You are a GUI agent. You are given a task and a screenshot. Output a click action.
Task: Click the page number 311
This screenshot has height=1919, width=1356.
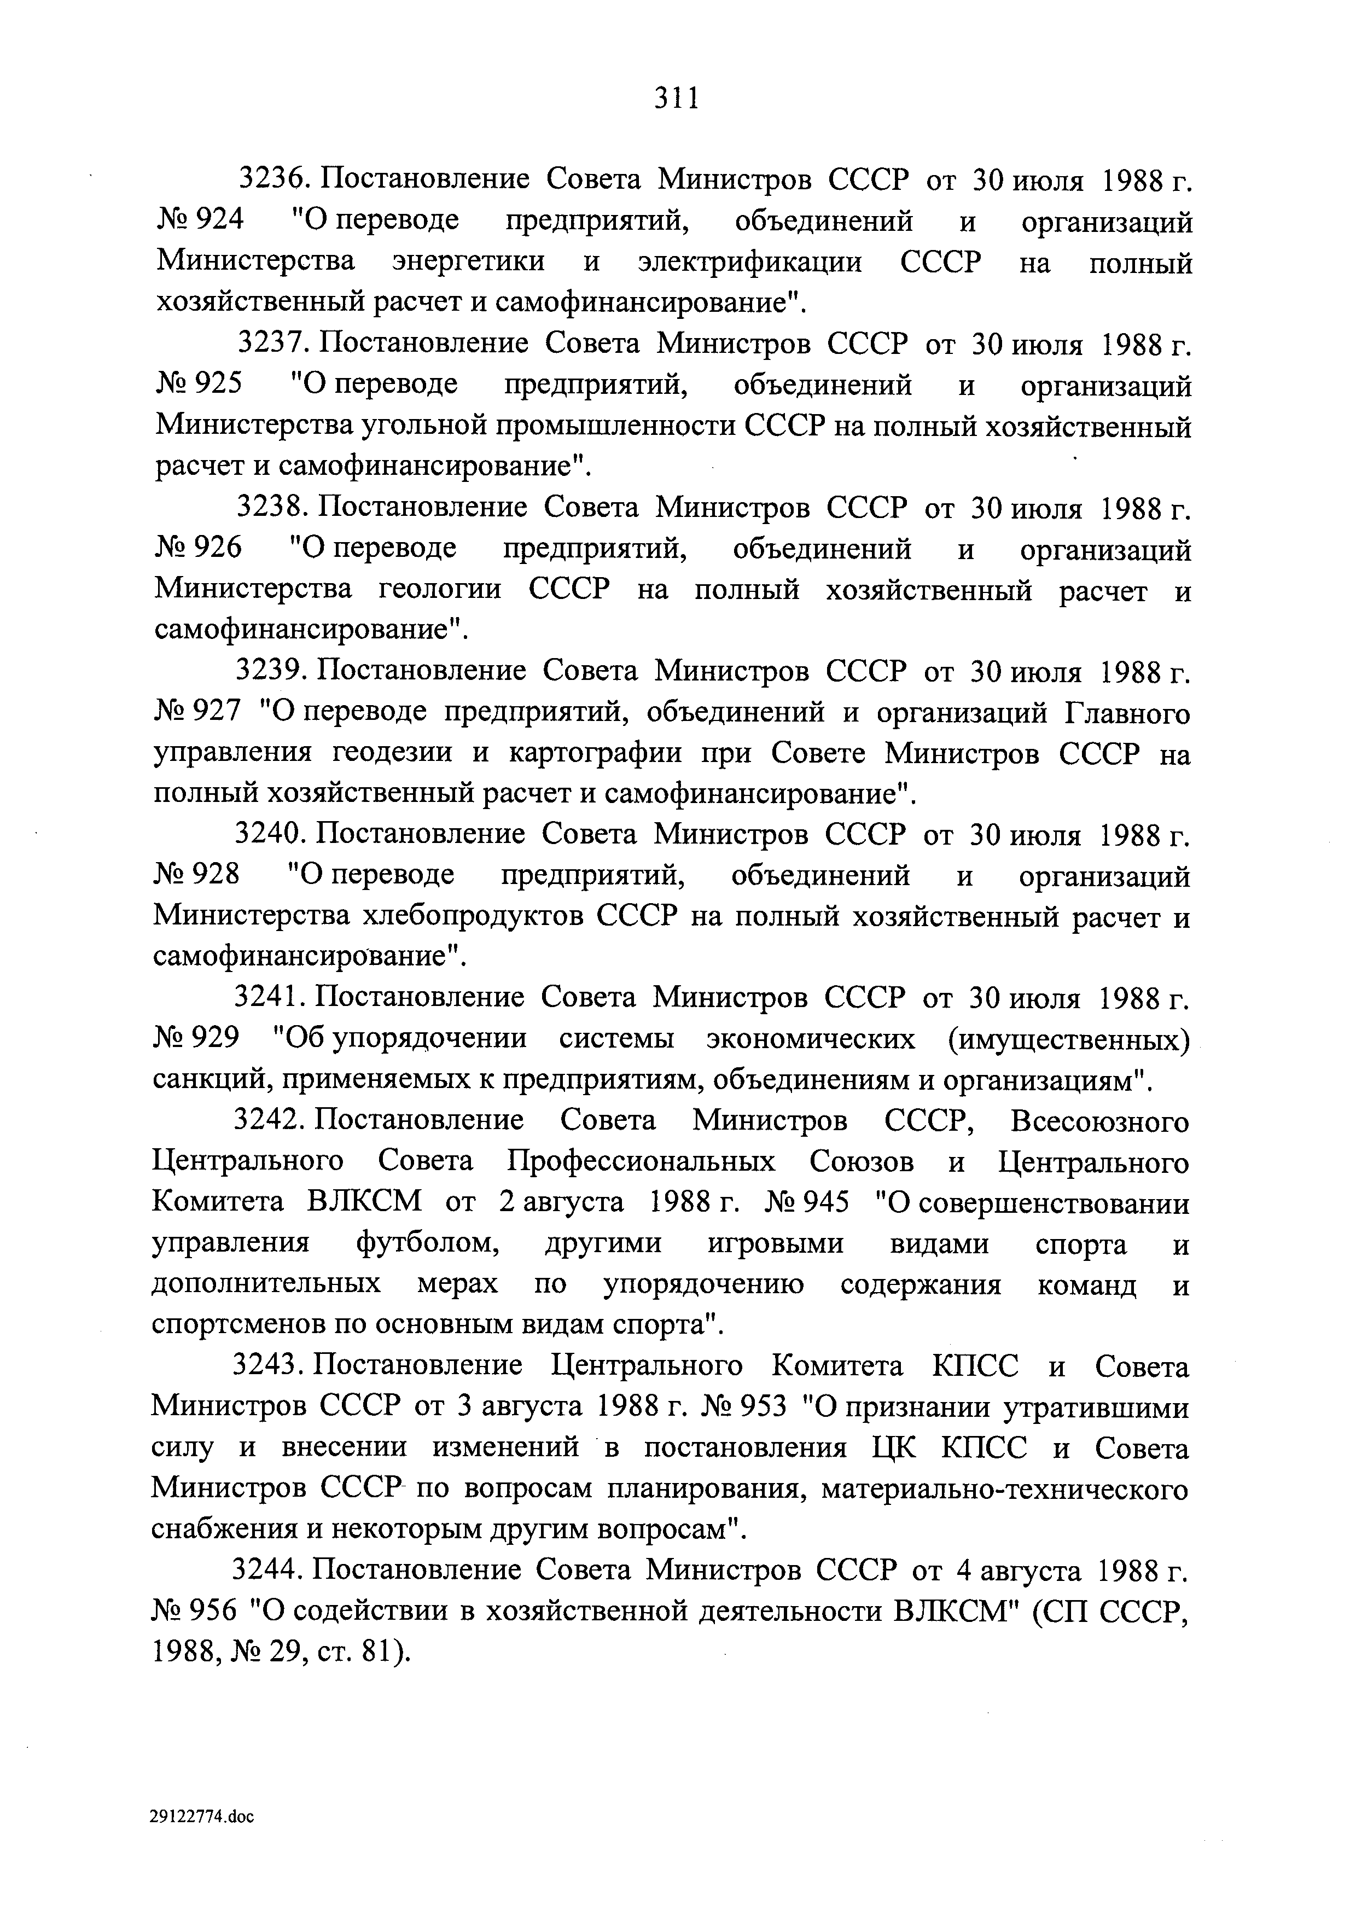click(x=676, y=98)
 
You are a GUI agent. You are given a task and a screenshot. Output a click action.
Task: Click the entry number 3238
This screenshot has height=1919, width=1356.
click(x=273, y=507)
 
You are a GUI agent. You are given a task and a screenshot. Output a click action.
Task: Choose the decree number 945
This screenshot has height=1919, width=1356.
click(x=825, y=1203)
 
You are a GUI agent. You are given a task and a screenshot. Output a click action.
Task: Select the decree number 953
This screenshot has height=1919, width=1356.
click(x=763, y=1408)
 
